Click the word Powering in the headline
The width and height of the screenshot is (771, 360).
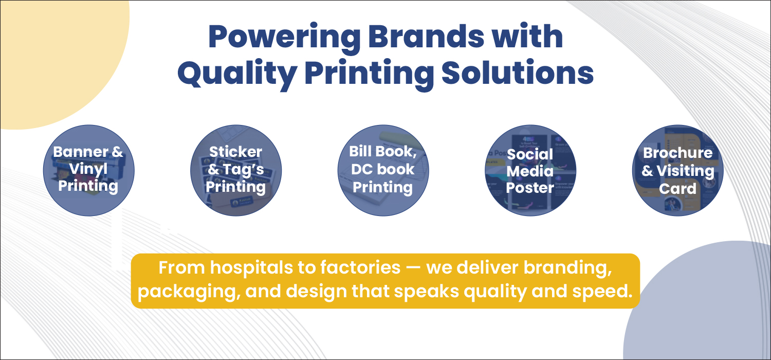tap(285, 37)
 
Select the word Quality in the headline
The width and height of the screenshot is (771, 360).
tap(237, 74)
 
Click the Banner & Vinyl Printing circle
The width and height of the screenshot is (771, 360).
tap(89, 171)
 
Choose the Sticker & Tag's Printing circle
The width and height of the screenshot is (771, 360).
tap(236, 171)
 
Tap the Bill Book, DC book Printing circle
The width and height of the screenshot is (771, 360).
tap(383, 171)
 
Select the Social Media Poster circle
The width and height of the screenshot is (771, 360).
tap(530, 171)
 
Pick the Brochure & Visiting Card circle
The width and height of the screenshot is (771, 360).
tap(678, 171)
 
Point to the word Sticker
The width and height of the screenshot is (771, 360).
tap(236, 152)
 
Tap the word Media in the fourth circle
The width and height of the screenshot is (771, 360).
tap(530, 171)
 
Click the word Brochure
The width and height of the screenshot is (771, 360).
tap(678, 153)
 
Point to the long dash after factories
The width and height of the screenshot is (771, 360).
tap(413, 269)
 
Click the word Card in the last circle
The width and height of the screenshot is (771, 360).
tap(678, 189)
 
